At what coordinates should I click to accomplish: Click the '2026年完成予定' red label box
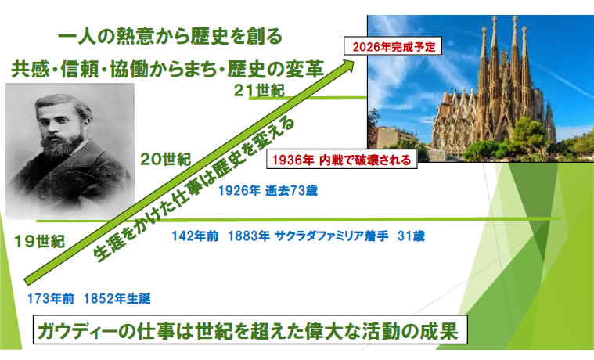[x=392, y=46]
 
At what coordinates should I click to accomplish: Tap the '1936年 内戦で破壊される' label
[x=342, y=159]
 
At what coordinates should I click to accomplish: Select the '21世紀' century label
[x=259, y=91]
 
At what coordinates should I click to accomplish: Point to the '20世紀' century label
[x=166, y=159]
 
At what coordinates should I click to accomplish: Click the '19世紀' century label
[x=39, y=241]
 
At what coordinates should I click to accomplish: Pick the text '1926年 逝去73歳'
[x=268, y=190]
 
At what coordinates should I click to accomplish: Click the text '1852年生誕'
[x=117, y=299]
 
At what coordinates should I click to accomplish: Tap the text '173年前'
[x=50, y=299]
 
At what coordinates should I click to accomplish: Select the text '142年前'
[x=195, y=236]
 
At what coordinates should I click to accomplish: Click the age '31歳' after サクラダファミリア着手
[x=411, y=236]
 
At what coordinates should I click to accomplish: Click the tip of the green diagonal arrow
[x=354, y=60]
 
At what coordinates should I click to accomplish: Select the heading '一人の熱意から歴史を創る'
[x=171, y=37]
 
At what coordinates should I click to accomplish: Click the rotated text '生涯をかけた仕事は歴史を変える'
[x=194, y=190]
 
